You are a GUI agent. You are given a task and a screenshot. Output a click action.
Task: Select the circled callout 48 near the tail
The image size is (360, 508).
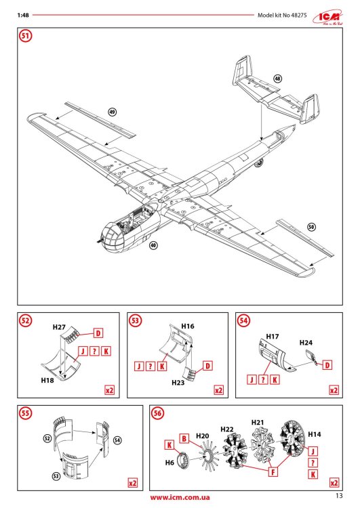tap(278, 79)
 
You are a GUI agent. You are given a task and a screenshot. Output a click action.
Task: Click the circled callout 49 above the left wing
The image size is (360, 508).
tap(113, 110)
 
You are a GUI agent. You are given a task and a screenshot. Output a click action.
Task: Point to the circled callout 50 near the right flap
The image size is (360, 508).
tap(311, 227)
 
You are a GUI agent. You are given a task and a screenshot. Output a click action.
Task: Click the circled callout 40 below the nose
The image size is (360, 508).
tap(153, 247)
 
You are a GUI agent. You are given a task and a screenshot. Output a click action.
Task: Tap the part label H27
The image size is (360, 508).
tap(58, 327)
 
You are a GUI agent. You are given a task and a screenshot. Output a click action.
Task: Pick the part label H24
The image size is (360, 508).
tap(307, 343)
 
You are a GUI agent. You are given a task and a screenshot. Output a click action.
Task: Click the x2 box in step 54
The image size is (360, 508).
tap(333, 390)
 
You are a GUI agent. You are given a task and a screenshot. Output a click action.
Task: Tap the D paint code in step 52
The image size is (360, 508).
tap(98, 333)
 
